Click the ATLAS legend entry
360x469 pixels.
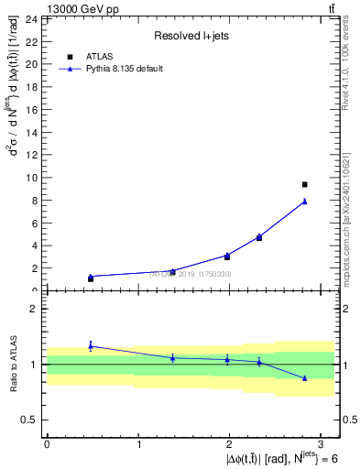click(x=99, y=56)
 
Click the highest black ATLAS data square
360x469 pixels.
click(x=305, y=185)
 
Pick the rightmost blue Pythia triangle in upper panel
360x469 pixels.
click(x=305, y=202)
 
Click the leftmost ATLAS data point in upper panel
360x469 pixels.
click(x=91, y=278)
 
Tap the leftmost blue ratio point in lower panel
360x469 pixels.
click(x=91, y=345)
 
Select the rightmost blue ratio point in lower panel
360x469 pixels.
click(x=305, y=377)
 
